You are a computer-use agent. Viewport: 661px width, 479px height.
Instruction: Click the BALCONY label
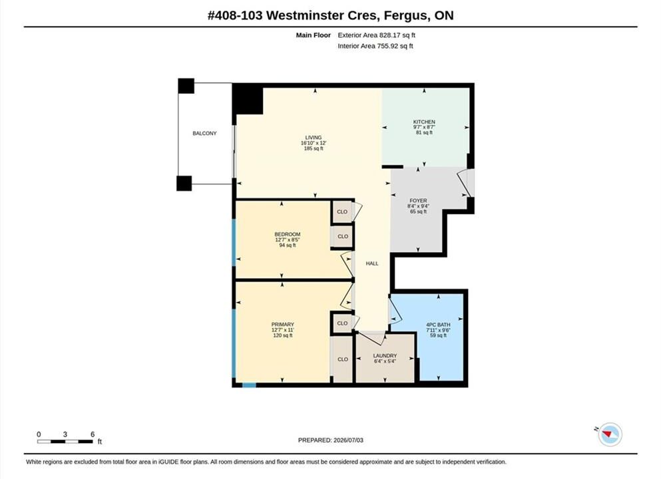coord(204,133)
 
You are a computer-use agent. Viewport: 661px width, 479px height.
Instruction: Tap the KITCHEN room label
coord(424,122)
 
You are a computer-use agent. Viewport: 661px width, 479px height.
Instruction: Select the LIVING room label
coord(314,137)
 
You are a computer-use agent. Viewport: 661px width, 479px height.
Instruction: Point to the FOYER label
coord(418,200)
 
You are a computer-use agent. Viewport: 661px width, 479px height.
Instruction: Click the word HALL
coord(372,263)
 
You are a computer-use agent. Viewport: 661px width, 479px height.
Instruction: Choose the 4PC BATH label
coord(438,325)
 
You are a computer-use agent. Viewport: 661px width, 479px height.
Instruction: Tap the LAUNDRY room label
coord(385,355)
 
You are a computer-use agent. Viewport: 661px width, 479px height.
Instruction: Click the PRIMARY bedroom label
coord(282,325)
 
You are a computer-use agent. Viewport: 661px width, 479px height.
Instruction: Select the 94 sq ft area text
coord(288,245)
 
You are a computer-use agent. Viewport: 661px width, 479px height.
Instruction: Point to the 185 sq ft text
coord(314,148)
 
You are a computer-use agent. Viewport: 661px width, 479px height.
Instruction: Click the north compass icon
coord(610,434)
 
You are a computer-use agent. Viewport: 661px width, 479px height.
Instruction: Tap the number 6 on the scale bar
coord(93,434)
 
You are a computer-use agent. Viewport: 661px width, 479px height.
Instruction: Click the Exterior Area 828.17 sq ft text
coord(377,35)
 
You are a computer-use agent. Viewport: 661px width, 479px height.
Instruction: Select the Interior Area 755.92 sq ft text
coord(375,47)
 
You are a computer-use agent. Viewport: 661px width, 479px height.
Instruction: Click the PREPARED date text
coord(330,440)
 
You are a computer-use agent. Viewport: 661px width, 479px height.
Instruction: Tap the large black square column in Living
coord(248,99)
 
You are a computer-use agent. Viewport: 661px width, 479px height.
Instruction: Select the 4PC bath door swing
coord(394,309)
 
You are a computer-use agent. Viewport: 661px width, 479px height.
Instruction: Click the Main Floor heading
coord(314,35)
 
